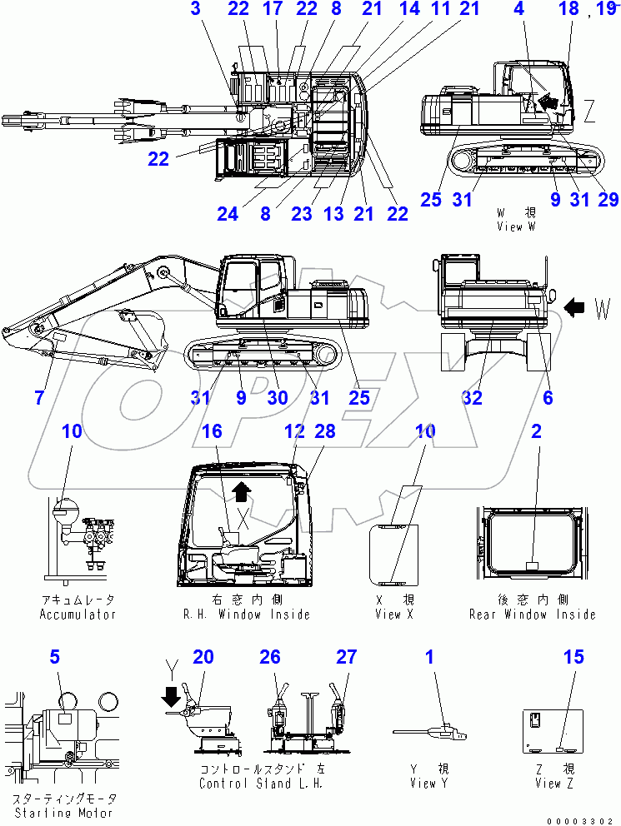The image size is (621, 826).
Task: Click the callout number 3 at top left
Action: click(195, 9)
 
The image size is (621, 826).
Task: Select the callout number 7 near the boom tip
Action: click(39, 398)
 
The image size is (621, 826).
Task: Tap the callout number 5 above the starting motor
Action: click(54, 658)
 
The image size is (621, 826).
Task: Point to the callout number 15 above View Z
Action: click(573, 658)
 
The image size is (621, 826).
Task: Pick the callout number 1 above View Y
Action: click(430, 658)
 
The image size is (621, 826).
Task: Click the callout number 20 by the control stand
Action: click(203, 658)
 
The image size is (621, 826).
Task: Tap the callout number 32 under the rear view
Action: click(472, 398)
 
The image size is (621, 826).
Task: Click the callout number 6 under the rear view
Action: click(548, 398)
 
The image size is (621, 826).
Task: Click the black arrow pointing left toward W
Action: click(575, 309)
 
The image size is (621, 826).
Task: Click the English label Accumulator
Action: click(78, 615)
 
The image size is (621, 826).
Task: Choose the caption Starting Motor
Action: click(63, 812)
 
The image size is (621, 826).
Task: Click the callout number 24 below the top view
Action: click(228, 214)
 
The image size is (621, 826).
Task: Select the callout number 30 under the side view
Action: click(278, 398)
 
